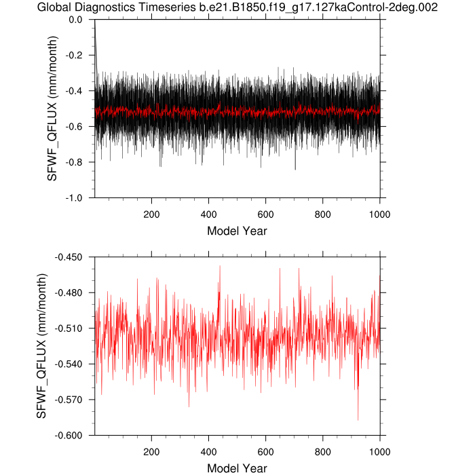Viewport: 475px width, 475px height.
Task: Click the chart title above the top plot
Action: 237,8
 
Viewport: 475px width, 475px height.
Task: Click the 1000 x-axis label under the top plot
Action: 379,211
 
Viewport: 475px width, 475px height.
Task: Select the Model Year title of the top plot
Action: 237,231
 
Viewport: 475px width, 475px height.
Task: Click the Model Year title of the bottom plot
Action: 237,468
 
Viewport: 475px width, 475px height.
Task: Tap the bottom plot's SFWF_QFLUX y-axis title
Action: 41,346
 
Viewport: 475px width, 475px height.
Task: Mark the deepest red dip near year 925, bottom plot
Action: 358,419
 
